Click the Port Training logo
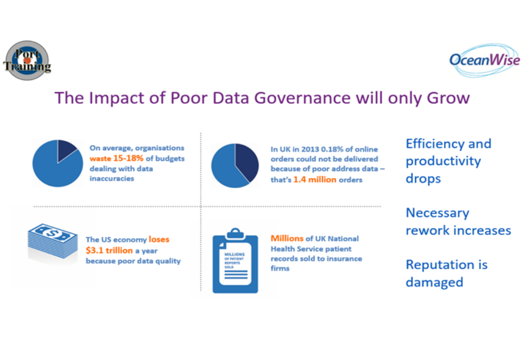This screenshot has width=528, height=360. click(27, 60)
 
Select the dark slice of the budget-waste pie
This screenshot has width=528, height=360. click(67, 150)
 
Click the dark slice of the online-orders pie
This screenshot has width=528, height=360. click(246, 161)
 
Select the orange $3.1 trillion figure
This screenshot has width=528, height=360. click(109, 250)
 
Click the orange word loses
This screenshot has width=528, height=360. click(159, 239)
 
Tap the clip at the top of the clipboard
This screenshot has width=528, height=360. click(235, 234)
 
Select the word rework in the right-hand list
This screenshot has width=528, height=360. click(425, 230)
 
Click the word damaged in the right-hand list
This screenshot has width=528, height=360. click(434, 282)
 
